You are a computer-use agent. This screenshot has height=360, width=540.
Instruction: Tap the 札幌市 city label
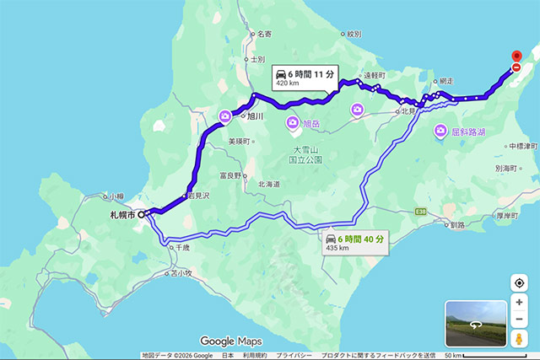pos(123,215)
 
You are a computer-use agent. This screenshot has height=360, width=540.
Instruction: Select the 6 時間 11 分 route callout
pos(305,78)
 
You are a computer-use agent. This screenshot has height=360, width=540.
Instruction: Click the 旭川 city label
pos(256,116)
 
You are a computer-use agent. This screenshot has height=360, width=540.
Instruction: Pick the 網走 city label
pos(446,81)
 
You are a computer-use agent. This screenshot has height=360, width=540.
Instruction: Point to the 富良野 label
pos(230,175)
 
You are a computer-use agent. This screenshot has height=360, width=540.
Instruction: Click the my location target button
pos(519,283)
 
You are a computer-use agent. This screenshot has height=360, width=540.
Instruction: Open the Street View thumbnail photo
pos(475,323)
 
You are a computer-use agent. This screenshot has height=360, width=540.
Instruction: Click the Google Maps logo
pos(230,341)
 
